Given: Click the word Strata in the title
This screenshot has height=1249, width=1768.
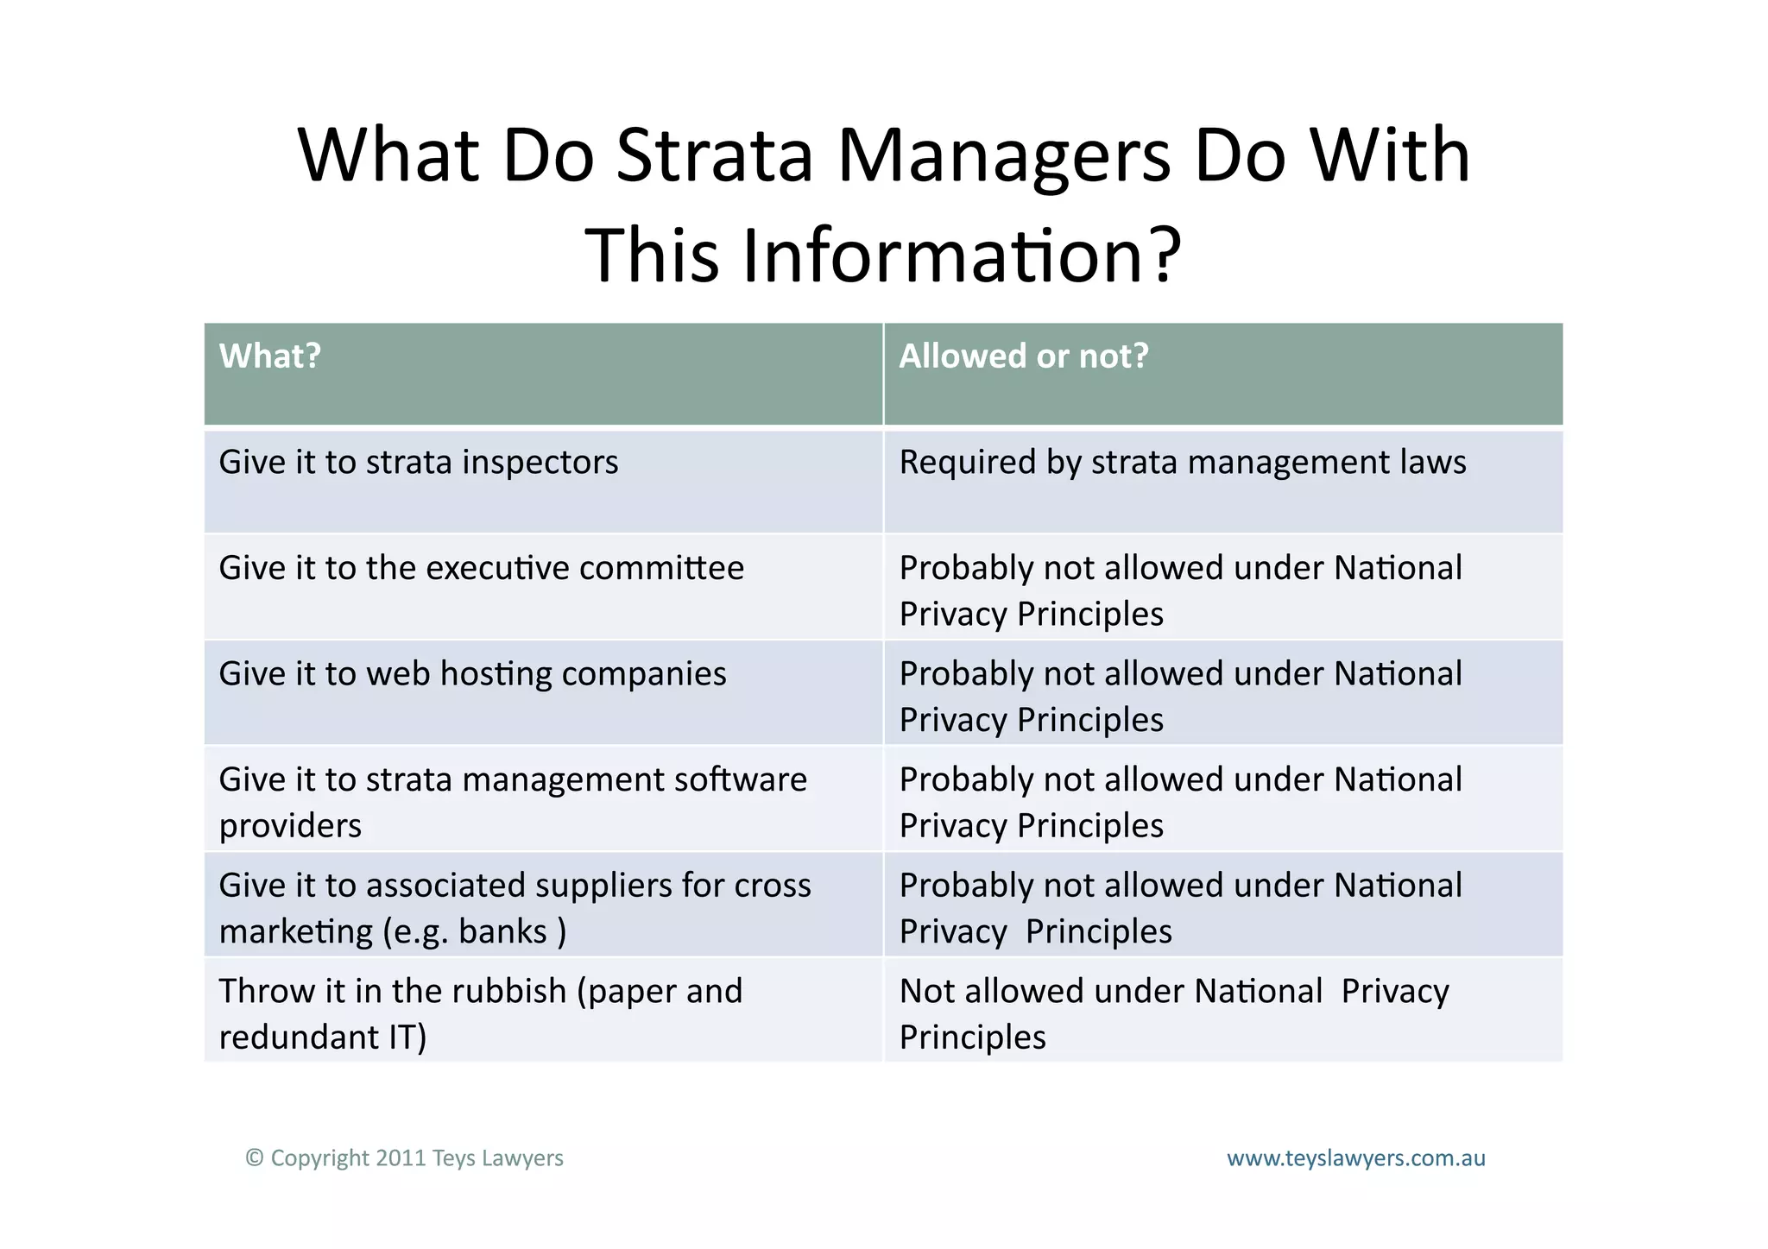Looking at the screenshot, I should tap(715, 156).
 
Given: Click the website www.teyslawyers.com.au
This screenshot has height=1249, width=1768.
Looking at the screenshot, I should tap(1355, 1158).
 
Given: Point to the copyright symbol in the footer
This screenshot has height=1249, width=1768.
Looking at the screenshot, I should tap(254, 1158).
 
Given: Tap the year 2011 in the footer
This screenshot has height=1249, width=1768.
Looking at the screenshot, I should tap(401, 1158).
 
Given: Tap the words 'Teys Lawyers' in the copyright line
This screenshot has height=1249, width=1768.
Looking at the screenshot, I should tap(497, 1158).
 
